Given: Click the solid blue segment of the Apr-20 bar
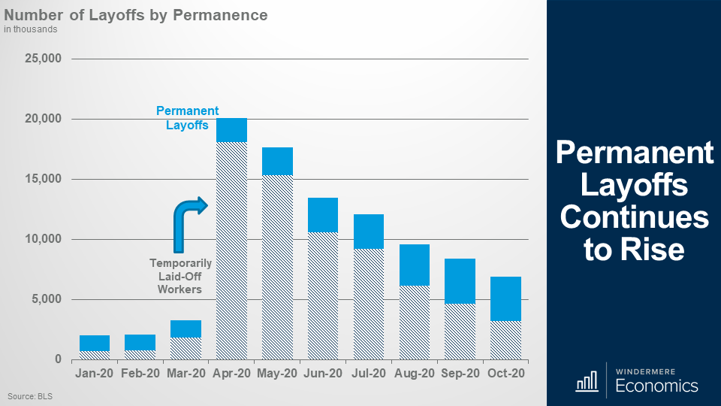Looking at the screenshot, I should pos(231,130).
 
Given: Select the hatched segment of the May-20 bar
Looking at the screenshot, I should pos(277,267).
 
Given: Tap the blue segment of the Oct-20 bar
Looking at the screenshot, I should pos(505,298).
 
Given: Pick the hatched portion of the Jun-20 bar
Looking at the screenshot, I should pos(323,295).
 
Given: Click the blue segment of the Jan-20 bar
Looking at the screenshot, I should pos(95,343).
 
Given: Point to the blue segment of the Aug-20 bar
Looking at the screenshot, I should pos(414,265).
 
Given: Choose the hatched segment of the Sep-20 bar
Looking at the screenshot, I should pos(460,331).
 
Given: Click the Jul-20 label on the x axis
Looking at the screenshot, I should pos(369,373).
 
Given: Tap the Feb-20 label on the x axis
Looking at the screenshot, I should pos(140,373).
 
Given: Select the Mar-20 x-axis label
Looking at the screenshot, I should pos(186,373).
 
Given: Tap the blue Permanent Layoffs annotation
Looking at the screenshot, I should pos(187,118).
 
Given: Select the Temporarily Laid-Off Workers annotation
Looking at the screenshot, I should pos(180,276).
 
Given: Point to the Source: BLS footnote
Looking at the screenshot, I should pos(30,395).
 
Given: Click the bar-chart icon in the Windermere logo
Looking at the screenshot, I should pos(586,382).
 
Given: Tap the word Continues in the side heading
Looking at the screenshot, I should pos(634,217).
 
